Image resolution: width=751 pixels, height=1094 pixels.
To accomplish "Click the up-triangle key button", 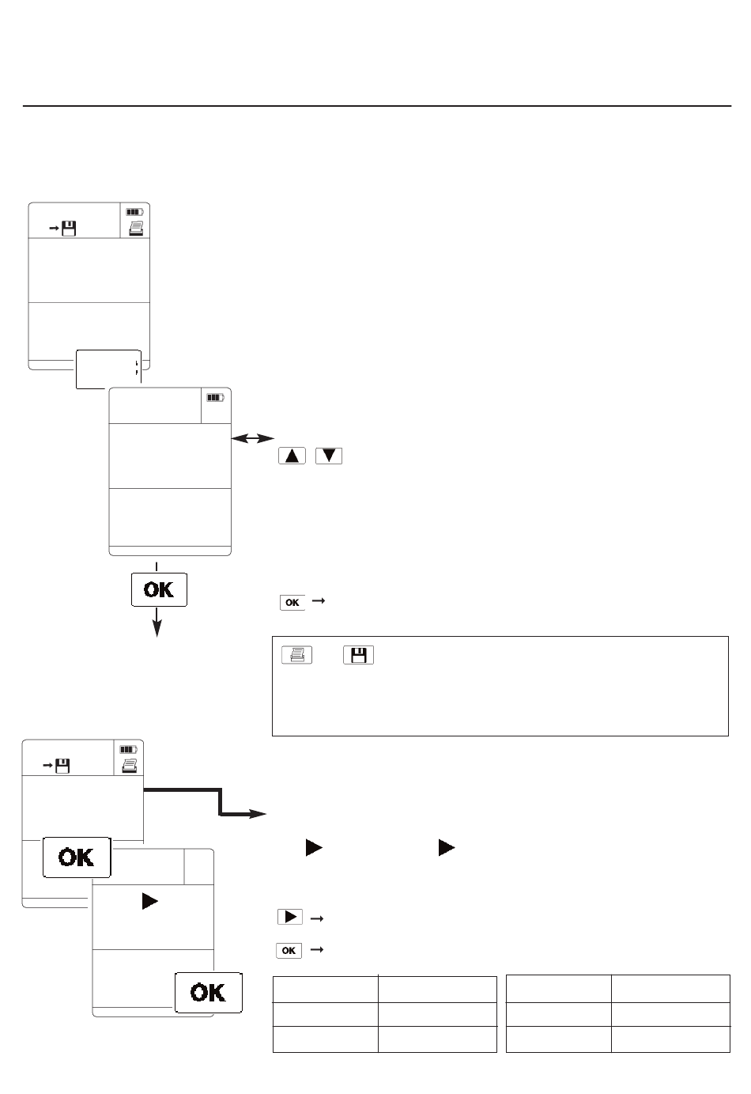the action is coord(292,456).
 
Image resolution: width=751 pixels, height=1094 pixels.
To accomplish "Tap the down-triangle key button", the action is coord(329,456).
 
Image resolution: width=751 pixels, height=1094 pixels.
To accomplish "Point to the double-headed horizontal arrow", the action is coord(252,438).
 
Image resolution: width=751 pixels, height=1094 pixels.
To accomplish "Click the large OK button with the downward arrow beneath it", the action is coord(159,589).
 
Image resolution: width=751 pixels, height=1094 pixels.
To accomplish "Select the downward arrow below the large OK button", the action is coord(157,623).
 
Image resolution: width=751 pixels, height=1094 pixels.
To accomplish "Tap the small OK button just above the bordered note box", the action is coord(292,602).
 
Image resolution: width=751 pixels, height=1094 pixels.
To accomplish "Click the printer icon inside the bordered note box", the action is coord(296,655).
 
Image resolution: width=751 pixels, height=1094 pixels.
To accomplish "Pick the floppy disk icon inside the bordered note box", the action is coord(359,655).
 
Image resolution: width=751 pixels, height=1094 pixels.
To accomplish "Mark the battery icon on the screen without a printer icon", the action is coord(215,398).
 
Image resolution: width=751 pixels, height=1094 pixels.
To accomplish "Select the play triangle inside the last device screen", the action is coord(150,901).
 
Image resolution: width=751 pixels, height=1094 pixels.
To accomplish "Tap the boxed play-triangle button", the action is coord(290,917).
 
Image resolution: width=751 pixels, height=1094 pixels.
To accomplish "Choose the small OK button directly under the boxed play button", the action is coord(289,950).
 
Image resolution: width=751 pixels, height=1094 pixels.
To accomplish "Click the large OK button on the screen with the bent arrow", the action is coord(77,857).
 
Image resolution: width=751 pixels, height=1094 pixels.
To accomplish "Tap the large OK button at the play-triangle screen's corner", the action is coord(209,993).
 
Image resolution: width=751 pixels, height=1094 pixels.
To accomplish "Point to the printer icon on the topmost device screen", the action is coord(136,229).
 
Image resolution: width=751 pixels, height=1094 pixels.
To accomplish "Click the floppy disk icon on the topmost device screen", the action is coord(70,229).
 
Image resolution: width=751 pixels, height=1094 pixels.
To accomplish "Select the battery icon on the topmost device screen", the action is coord(135,212).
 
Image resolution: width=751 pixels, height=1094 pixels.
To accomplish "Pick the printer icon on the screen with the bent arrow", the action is coord(130,766).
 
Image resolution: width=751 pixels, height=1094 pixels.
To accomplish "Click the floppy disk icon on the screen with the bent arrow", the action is coord(62,766).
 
